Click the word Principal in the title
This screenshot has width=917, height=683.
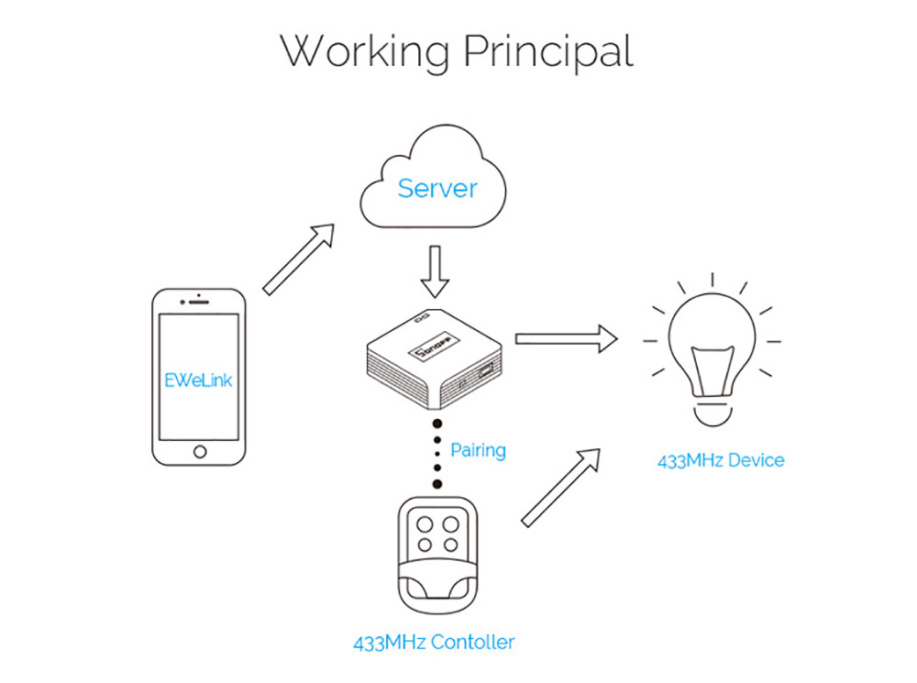click(x=547, y=51)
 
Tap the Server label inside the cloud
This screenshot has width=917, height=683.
click(x=437, y=189)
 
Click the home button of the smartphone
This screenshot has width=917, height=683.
click(x=200, y=450)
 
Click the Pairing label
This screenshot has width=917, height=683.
click(x=478, y=451)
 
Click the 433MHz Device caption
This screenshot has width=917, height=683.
click(x=721, y=460)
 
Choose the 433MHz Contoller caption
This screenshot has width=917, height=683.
click(x=434, y=642)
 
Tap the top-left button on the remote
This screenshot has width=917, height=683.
click(x=425, y=525)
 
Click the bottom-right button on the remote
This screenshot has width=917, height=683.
click(x=450, y=545)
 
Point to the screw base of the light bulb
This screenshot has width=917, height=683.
click(x=712, y=413)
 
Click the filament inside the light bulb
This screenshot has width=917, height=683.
click(x=712, y=370)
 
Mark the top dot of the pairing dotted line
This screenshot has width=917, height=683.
click(x=437, y=424)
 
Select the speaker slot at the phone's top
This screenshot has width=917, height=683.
click(x=200, y=303)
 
